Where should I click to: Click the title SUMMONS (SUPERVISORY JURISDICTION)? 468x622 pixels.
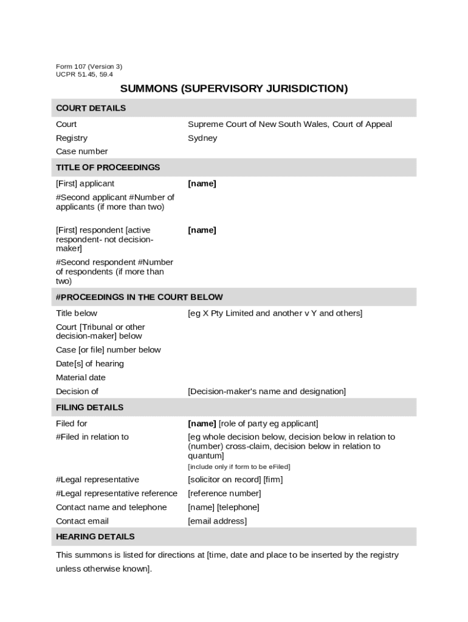click(x=234, y=89)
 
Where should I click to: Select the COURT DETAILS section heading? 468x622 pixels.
click(x=91, y=108)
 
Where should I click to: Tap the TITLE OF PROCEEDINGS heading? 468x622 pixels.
click(x=108, y=168)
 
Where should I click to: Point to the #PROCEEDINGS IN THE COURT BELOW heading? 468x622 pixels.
click(x=139, y=298)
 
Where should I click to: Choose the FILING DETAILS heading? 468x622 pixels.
click(x=89, y=408)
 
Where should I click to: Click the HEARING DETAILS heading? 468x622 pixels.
click(x=95, y=537)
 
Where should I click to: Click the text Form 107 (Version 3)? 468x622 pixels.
click(x=89, y=67)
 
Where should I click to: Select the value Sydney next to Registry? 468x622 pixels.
click(x=202, y=138)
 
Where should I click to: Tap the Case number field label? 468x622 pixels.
click(x=81, y=152)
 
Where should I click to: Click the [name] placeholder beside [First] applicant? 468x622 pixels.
click(x=202, y=184)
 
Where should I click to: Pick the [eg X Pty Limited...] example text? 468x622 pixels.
click(x=275, y=313)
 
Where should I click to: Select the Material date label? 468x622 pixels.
click(x=80, y=378)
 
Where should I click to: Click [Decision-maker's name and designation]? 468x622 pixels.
click(x=266, y=392)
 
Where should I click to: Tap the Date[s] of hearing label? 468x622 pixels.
click(x=89, y=364)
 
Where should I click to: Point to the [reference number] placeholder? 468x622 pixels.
click(x=224, y=494)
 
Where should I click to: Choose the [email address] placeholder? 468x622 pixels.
click(x=217, y=521)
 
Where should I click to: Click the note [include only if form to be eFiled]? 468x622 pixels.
click(x=239, y=467)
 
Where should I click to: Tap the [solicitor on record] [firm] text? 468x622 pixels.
click(x=235, y=480)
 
